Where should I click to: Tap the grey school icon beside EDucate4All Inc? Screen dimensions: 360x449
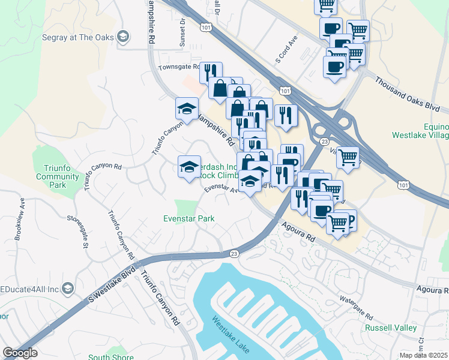(68, 289)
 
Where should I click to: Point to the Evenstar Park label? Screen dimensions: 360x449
(188, 219)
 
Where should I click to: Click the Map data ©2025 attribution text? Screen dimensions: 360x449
(423, 355)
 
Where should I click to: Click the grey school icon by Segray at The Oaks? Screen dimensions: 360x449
(124, 36)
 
